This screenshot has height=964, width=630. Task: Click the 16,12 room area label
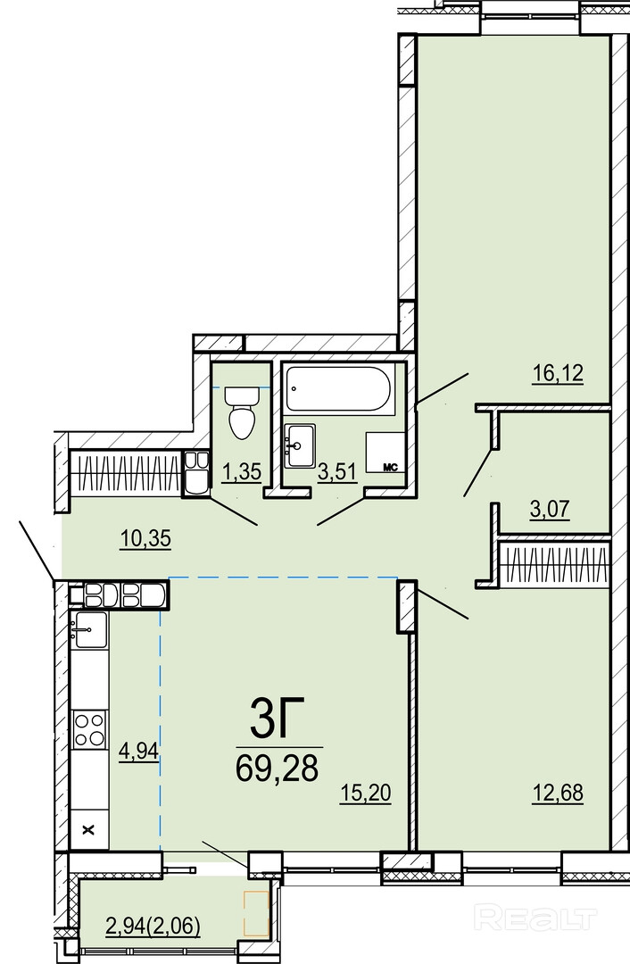coord(558,372)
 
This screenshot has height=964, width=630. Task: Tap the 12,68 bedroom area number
coord(558,793)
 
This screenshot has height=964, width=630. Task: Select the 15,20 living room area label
coord(366,794)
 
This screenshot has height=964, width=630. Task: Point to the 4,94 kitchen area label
coord(140,751)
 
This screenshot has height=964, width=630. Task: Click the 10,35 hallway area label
coord(145,538)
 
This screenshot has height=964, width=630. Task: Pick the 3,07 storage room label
coord(550,509)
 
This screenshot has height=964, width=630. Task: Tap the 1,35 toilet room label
coord(242,471)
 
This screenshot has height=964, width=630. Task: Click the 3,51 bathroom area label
coord(337,472)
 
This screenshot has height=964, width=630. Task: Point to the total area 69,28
coord(278,767)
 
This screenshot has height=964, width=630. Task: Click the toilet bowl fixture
coord(242,413)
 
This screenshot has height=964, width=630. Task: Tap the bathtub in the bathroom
coord(338,390)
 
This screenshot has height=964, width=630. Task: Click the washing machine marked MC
coord(385,453)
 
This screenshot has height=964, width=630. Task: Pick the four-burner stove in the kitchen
coord(89,729)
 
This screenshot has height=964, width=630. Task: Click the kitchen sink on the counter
coord(89,629)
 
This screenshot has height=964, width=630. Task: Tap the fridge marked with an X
coord(90,829)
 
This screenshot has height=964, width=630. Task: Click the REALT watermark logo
coord(537,918)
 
